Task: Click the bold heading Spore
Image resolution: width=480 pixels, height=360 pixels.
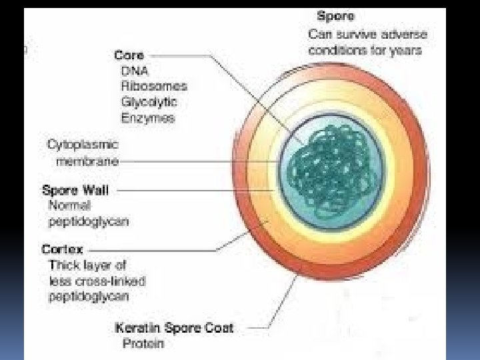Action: (336, 15)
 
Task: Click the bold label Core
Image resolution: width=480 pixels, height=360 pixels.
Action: (129, 56)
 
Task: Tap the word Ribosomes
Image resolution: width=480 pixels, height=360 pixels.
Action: (154, 87)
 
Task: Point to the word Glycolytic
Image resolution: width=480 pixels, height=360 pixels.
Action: (149, 103)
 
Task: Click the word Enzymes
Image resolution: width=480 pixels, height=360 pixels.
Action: (147, 118)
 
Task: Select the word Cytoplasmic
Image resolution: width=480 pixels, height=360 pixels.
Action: (83, 145)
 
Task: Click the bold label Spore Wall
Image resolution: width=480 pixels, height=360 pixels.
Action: (75, 190)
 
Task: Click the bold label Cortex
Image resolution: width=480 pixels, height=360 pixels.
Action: (63, 250)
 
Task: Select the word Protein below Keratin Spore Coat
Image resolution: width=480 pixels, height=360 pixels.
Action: (143, 344)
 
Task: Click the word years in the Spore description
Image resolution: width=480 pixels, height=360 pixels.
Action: (406, 51)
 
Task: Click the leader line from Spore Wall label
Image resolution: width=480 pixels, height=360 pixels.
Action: (193, 190)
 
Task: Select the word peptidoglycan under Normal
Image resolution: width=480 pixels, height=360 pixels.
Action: (89, 221)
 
